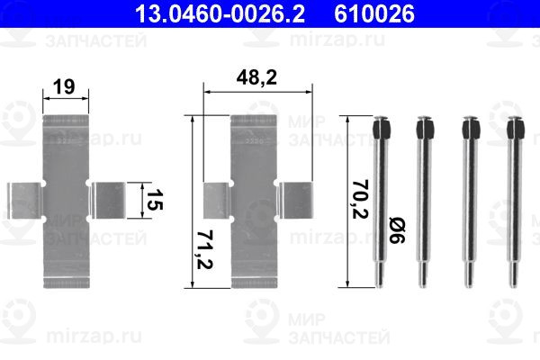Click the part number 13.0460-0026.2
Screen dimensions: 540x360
click(x=220, y=13)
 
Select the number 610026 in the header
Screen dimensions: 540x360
click(x=374, y=13)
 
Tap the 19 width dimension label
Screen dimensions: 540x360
click(x=64, y=86)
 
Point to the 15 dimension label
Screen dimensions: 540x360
click(x=154, y=200)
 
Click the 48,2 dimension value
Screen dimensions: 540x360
click(x=256, y=77)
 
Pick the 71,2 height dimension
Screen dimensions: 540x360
click(x=204, y=250)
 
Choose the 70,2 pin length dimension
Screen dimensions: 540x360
click(x=360, y=199)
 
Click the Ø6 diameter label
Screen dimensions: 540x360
click(x=397, y=229)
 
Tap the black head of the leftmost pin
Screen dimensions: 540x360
click(x=382, y=127)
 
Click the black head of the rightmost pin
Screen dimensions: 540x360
click(x=516, y=127)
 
